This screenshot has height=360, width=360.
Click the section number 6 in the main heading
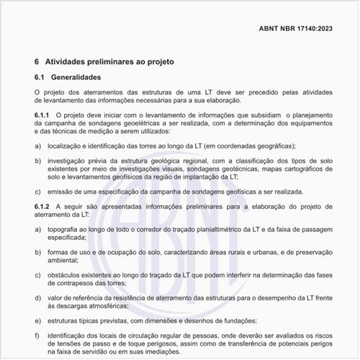point(37,62)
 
